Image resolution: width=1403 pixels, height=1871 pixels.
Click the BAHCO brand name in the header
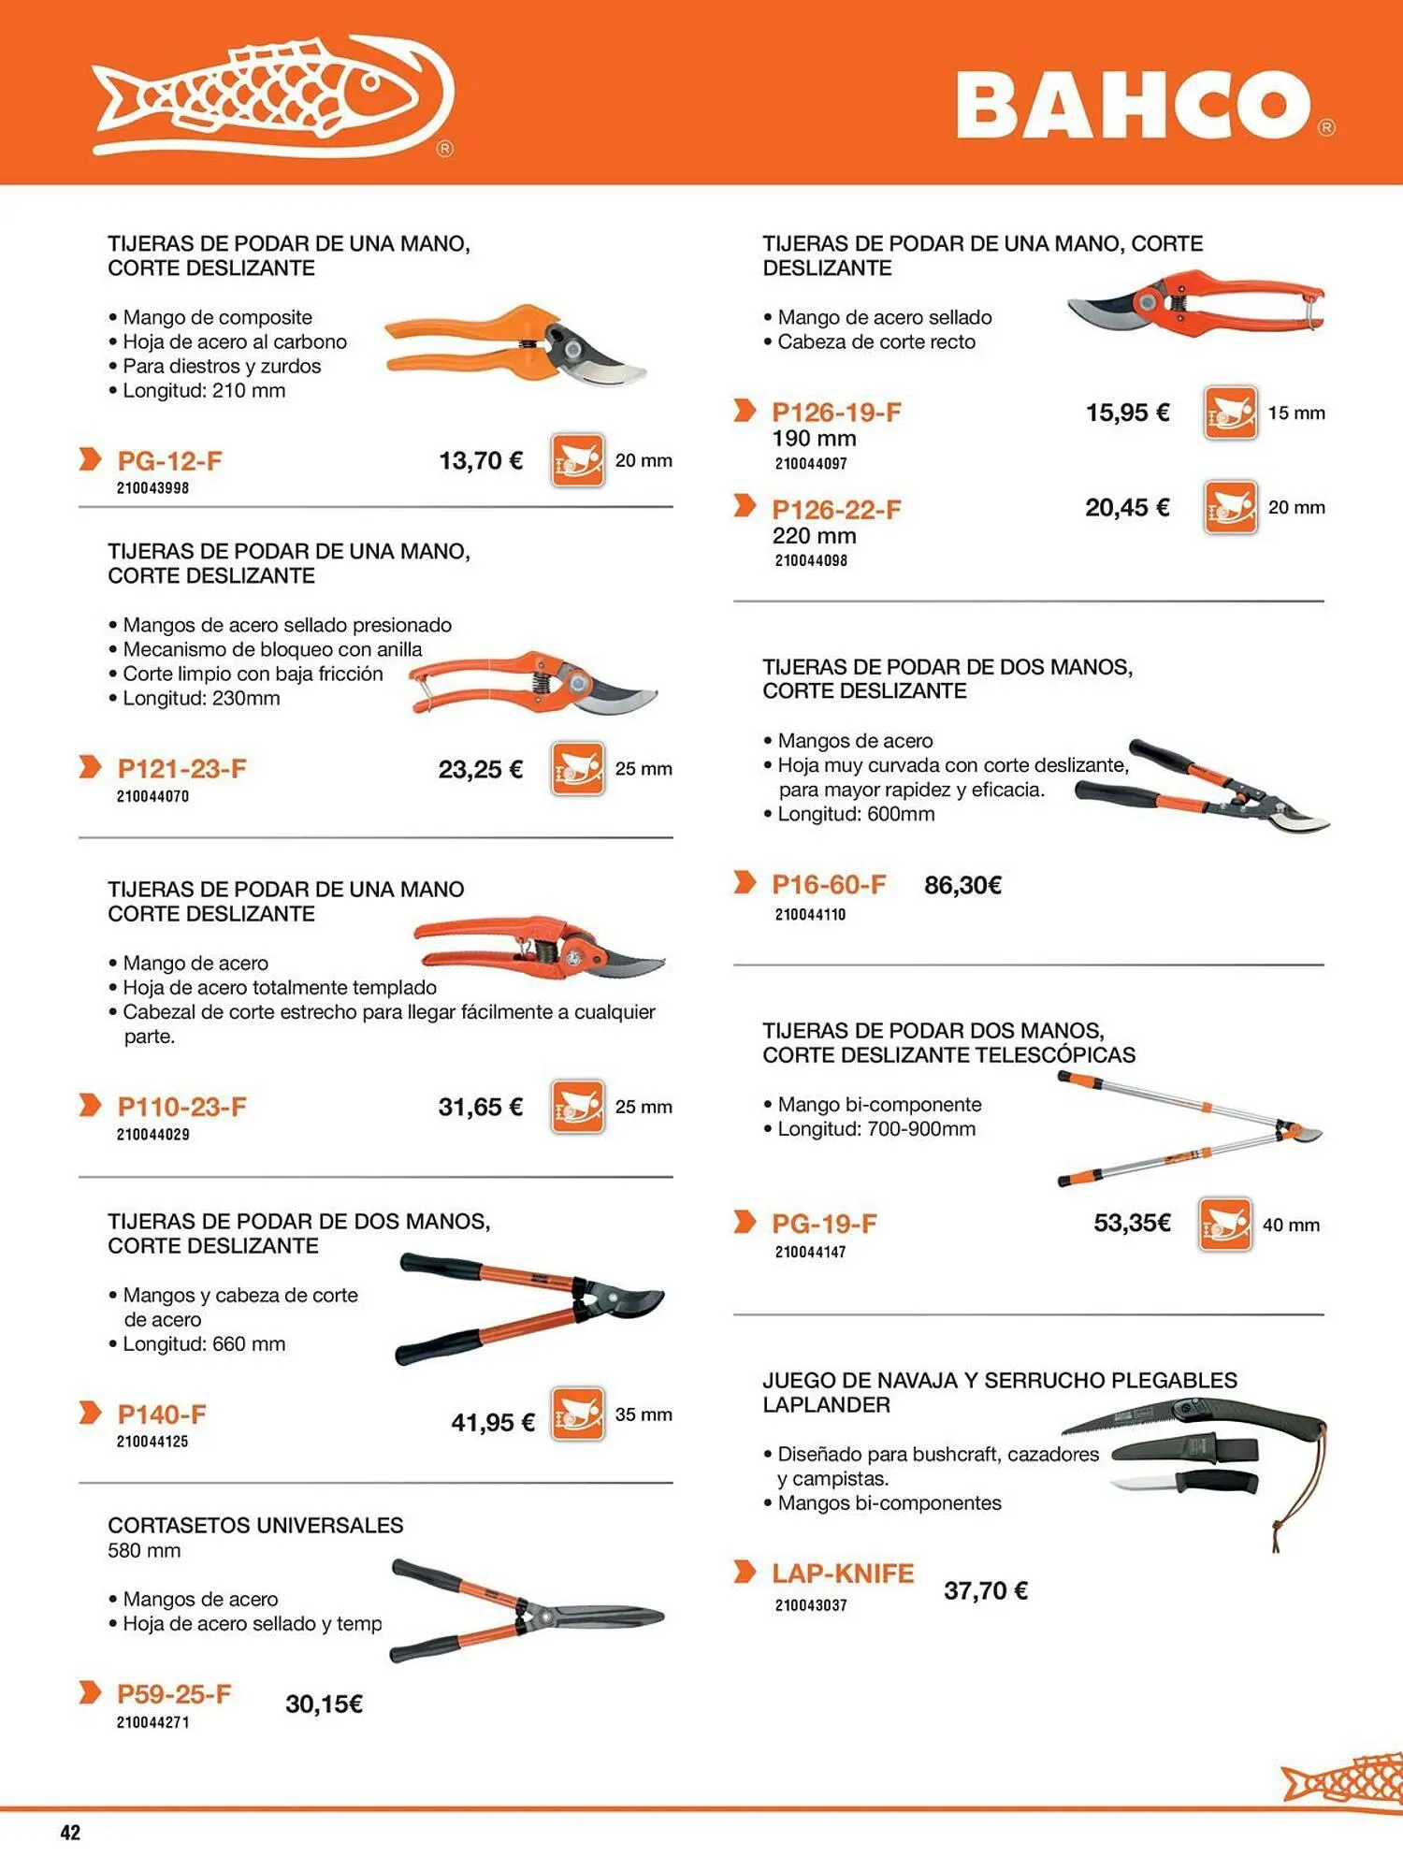[1134, 105]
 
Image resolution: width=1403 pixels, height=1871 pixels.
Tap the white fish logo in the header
[274, 95]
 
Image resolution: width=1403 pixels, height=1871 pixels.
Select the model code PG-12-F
[169, 461]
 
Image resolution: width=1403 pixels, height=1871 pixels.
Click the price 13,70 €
[481, 460]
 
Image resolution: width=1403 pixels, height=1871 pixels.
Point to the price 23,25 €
[481, 769]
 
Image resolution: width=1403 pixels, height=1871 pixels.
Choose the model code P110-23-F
[181, 1107]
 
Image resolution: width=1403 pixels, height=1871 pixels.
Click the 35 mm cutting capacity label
[644, 1414]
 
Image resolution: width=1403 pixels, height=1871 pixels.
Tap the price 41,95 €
[493, 1423]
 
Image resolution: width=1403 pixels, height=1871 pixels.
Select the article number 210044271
[152, 1722]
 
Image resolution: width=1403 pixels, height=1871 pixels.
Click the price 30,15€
[324, 1704]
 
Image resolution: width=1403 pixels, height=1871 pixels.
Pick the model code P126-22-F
[836, 510]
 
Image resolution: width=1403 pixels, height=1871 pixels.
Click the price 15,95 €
[1127, 413]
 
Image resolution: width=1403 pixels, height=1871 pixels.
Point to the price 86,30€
[962, 885]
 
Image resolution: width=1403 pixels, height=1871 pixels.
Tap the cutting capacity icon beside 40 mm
[1225, 1225]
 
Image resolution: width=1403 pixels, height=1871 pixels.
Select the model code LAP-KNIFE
[843, 1574]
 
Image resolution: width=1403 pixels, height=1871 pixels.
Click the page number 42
[70, 1833]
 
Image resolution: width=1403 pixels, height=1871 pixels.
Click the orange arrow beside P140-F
[90, 1413]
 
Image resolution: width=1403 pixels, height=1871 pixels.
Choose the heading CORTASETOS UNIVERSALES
[255, 1526]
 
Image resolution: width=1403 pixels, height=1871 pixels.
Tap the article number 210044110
[810, 915]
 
